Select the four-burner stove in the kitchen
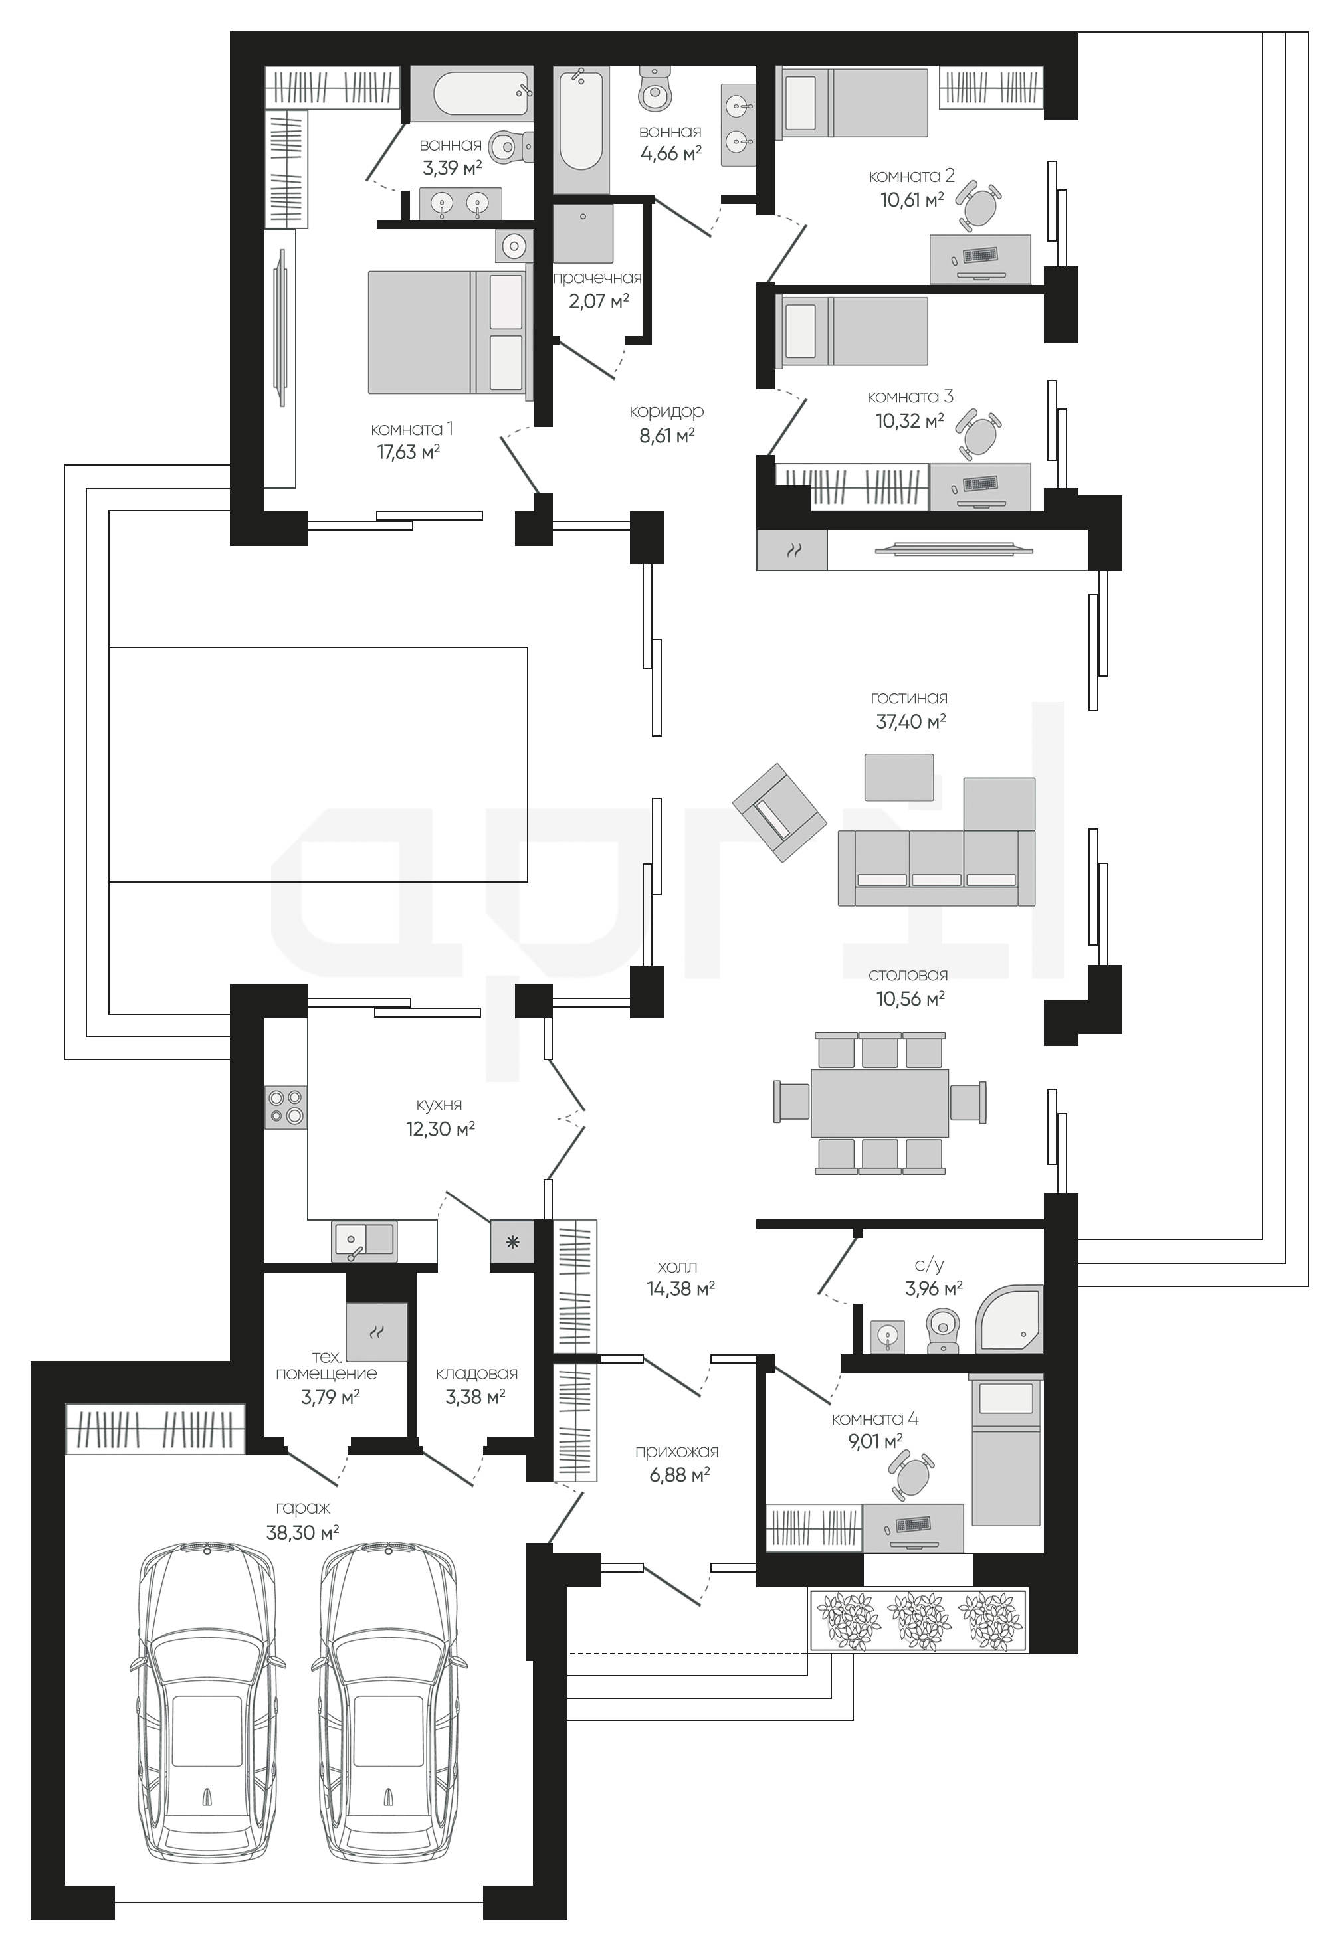click(x=286, y=1107)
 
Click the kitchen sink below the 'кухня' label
click(x=365, y=1241)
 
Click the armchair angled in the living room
click(x=778, y=812)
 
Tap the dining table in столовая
click(x=880, y=1103)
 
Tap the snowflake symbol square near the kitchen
click(x=513, y=1242)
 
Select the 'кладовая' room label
click(x=476, y=1373)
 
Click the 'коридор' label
click(x=666, y=412)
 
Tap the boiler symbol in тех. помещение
click(x=377, y=1332)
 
